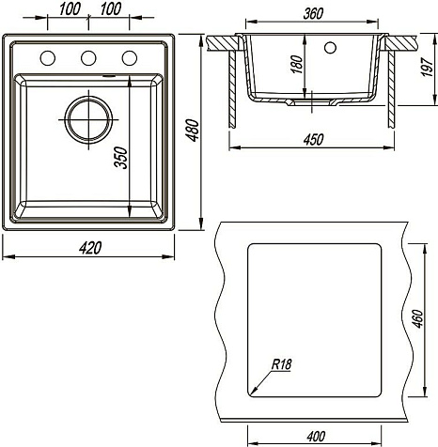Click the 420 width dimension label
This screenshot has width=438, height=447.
[90, 248]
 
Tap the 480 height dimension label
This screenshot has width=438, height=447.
[192, 131]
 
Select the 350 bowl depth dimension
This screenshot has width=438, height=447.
[121, 158]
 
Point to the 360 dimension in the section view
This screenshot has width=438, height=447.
[313, 13]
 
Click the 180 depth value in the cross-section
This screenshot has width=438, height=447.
[296, 65]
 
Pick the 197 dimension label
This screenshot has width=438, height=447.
[427, 67]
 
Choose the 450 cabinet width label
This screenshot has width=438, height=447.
[313, 139]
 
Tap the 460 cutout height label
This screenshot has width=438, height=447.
[417, 319]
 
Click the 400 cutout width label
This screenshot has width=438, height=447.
[316, 437]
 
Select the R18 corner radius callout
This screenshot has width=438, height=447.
[281, 364]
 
